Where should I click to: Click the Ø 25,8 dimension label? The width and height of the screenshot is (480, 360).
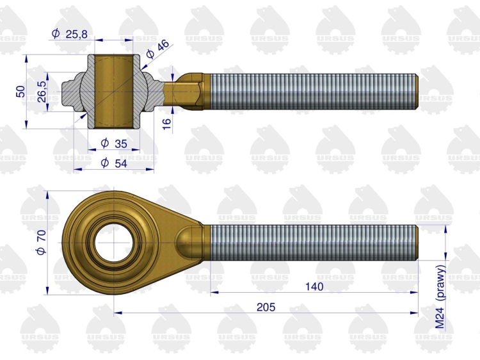[x=70, y=34]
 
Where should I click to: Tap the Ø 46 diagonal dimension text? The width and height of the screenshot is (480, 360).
[x=157, y=49]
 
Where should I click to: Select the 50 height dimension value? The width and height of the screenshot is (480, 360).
[x=20, y=92]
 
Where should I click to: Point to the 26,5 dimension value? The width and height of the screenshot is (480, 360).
[x=42, y=92]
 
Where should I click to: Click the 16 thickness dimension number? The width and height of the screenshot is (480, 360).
[x=166, y=124]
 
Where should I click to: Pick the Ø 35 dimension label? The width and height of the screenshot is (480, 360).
[x=114, y=143]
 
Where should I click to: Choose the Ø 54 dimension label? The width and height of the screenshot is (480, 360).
[x=114, y=163]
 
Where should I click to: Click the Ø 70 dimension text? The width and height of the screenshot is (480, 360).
[x=41, y=242]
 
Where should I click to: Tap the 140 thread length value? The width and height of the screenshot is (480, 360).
[x=314, y=286]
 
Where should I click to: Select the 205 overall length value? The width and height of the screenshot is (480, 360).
[x=266, y=307]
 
